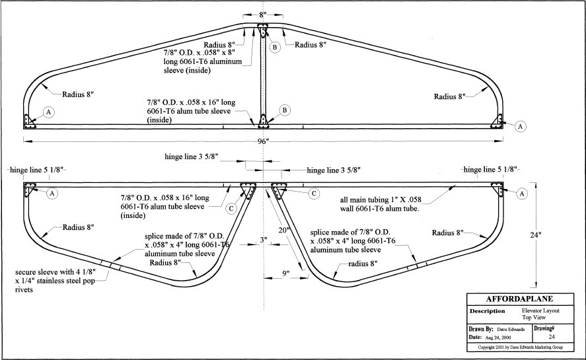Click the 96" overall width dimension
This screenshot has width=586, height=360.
(x=263, y=141)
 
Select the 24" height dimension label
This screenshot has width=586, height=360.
(x=536, y=234)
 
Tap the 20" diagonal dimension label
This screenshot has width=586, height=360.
(x=284, y=230)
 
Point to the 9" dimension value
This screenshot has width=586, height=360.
(x=285, y=273)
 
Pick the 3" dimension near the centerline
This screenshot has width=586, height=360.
(x=264, y=240)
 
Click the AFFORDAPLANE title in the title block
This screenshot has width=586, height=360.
(x=519, y=299)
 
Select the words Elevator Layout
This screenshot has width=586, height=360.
(x=540, y=310)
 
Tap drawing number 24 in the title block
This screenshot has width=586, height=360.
(x=552, y=336)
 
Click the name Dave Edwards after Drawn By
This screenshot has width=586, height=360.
(x=511, y=330)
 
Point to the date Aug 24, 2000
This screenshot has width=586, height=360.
(x=497, y=337)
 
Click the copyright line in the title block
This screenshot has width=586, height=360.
(x=520, y=347)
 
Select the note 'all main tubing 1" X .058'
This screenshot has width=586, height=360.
(x=381, y=199)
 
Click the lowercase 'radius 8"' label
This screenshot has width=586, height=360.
(x=363, y=264)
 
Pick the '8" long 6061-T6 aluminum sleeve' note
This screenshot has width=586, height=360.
(x=203, y=61)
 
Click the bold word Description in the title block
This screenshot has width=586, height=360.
(x=487, y=311)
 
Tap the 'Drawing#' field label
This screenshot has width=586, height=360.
(x=544, y=328)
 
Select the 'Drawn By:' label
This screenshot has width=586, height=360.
(x=481, y=329)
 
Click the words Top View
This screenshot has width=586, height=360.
(x=534, y=317)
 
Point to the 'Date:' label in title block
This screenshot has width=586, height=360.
(x=475, y=337)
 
